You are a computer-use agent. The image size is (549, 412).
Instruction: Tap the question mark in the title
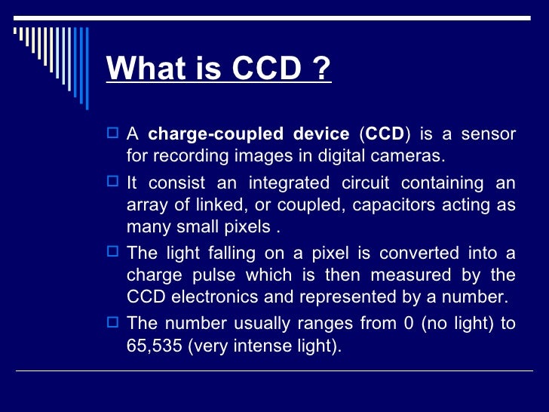coord(320,70)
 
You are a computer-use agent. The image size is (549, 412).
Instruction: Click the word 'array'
coord(146,205)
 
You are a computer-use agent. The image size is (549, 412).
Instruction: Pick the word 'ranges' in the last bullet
coord(314,324)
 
